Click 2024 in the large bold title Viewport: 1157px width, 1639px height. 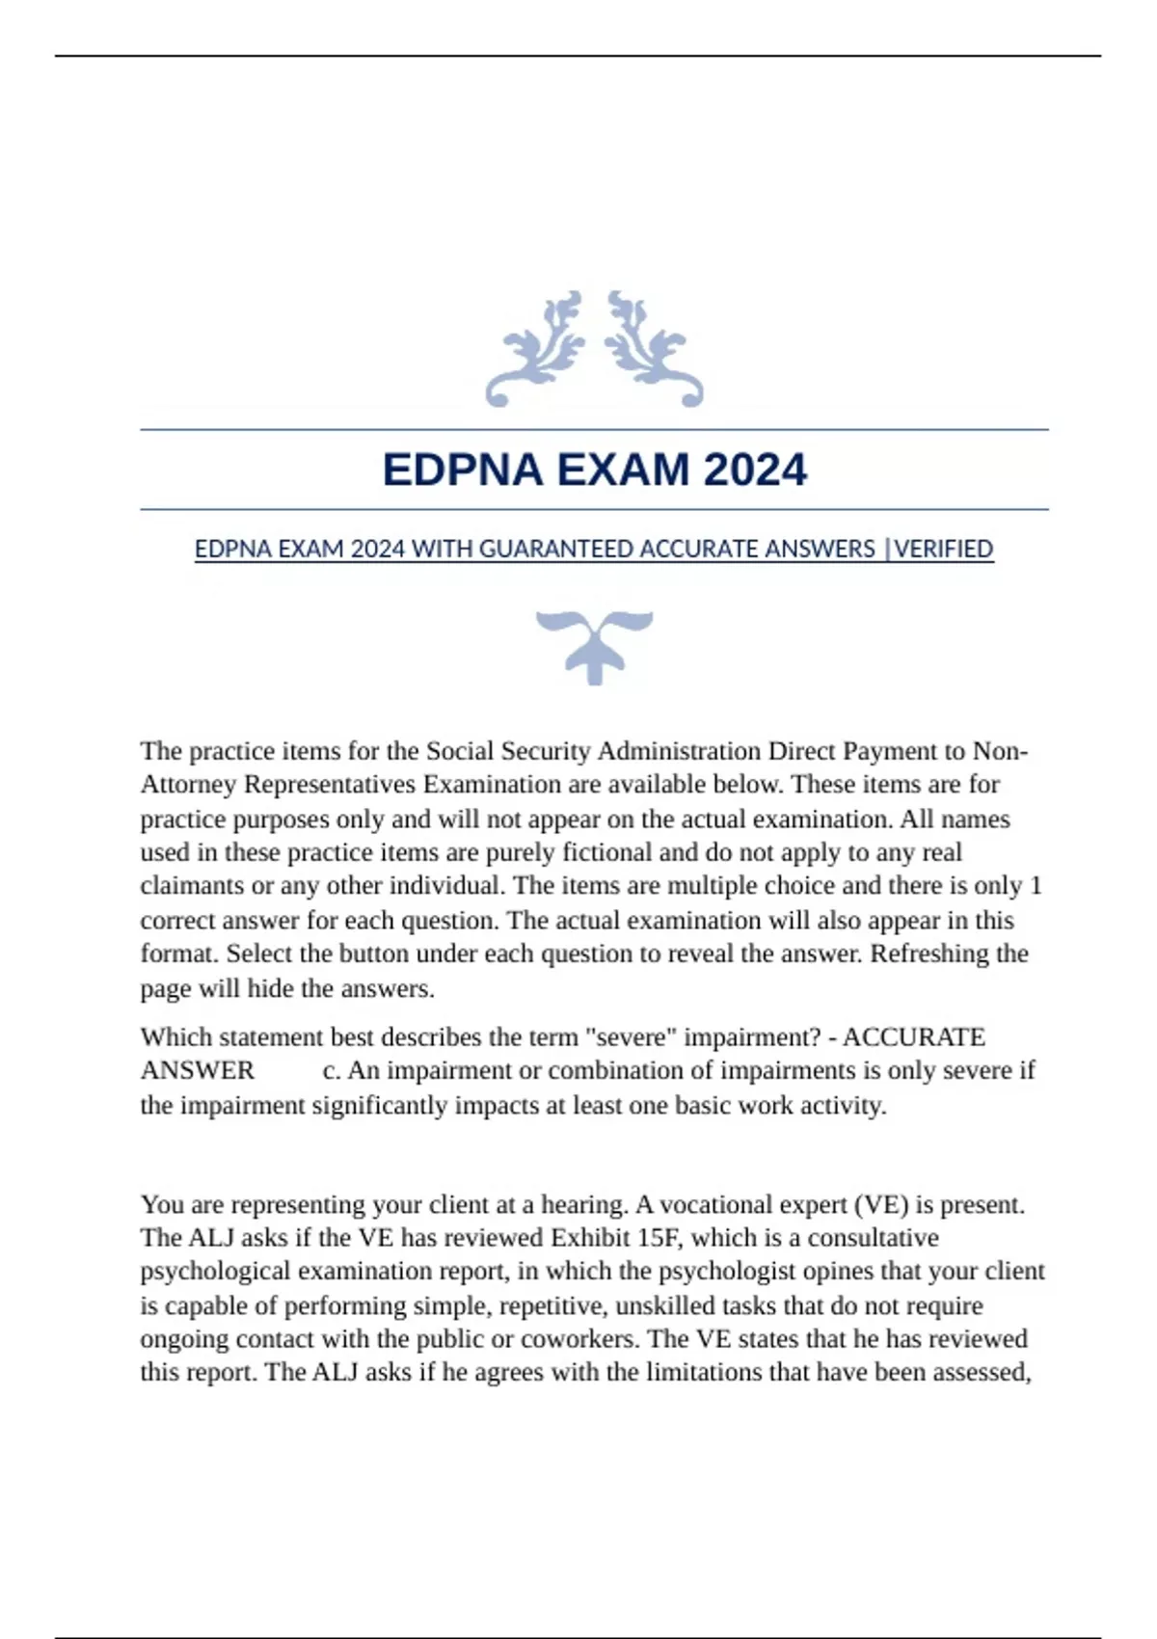[x=755, y=470]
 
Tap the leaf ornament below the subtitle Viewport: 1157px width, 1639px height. [x=594, y=645]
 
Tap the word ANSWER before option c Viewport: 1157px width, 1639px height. [x=198, y=1071]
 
